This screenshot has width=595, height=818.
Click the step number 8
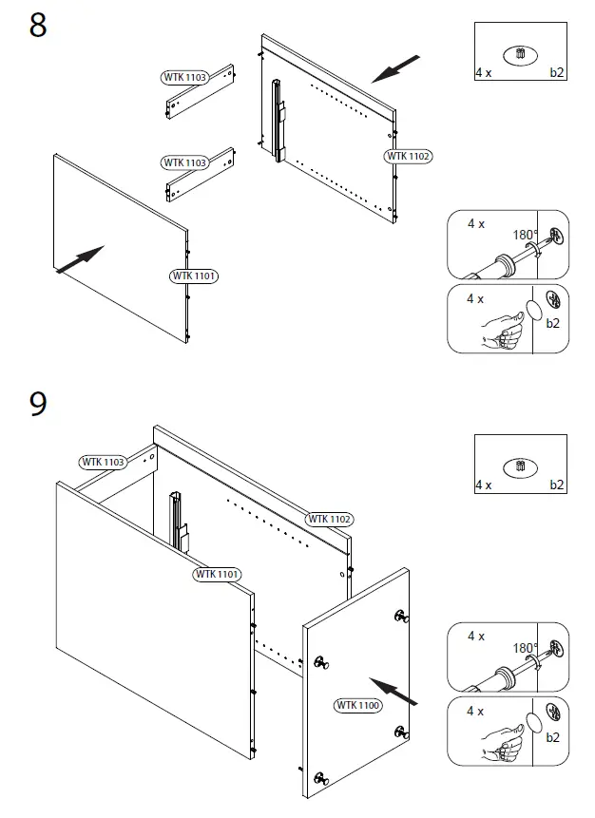[x=38, y=26]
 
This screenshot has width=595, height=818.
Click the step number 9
[x=38, y=404]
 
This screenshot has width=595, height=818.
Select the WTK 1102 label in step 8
[x=409, y=156]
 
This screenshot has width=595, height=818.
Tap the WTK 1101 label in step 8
[x=194, y=276]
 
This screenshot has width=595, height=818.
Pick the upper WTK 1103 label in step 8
[x=184, y=76]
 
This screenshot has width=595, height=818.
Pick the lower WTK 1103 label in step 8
[x=184, y=163]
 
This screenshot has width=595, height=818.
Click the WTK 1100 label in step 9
[x=357, y=705]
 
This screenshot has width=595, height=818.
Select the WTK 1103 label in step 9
[x=103, y=463]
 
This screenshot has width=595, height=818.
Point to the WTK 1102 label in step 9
[x=329, y=519]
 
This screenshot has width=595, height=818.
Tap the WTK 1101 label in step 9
[x=218, y=575]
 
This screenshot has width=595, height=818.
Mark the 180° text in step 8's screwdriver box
[x=526, y=235]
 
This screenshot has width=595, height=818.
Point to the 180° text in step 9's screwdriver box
[x=526, y=648]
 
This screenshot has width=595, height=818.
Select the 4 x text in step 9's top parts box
[x=484, y=485]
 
